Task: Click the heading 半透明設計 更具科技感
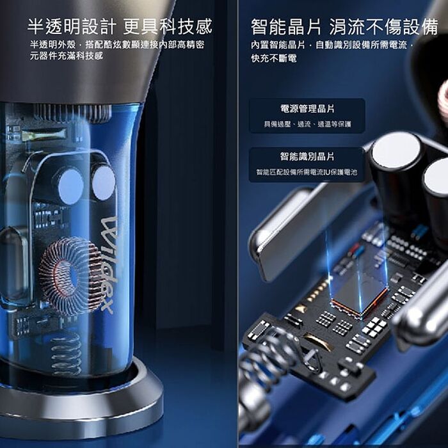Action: pyautogui.click(x=120, y=26)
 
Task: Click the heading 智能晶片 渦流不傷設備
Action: pyautogui.click(x=344, y=27)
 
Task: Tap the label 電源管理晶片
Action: pyautogui.click(x=307, y=109)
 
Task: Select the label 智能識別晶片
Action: pyautogui.click(x=307, y=156)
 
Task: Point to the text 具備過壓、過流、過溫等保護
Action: pyautogui.click(x=307, y=124)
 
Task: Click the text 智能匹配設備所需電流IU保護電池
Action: pyautogui.click(x=307, y=172)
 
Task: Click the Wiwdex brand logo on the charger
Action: pyautogui.click(x=109, y=265)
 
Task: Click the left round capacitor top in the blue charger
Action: pyautogui.click(x=70, y=186)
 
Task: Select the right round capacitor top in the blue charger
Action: pyautogui.click(x=104, y=183)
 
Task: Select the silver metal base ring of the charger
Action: pyautogui.click(x=81, y=406)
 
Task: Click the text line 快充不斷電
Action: pyautogui.click(x=274, y=58)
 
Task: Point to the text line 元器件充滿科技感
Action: pyautogui.click(x=67, y=56)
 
